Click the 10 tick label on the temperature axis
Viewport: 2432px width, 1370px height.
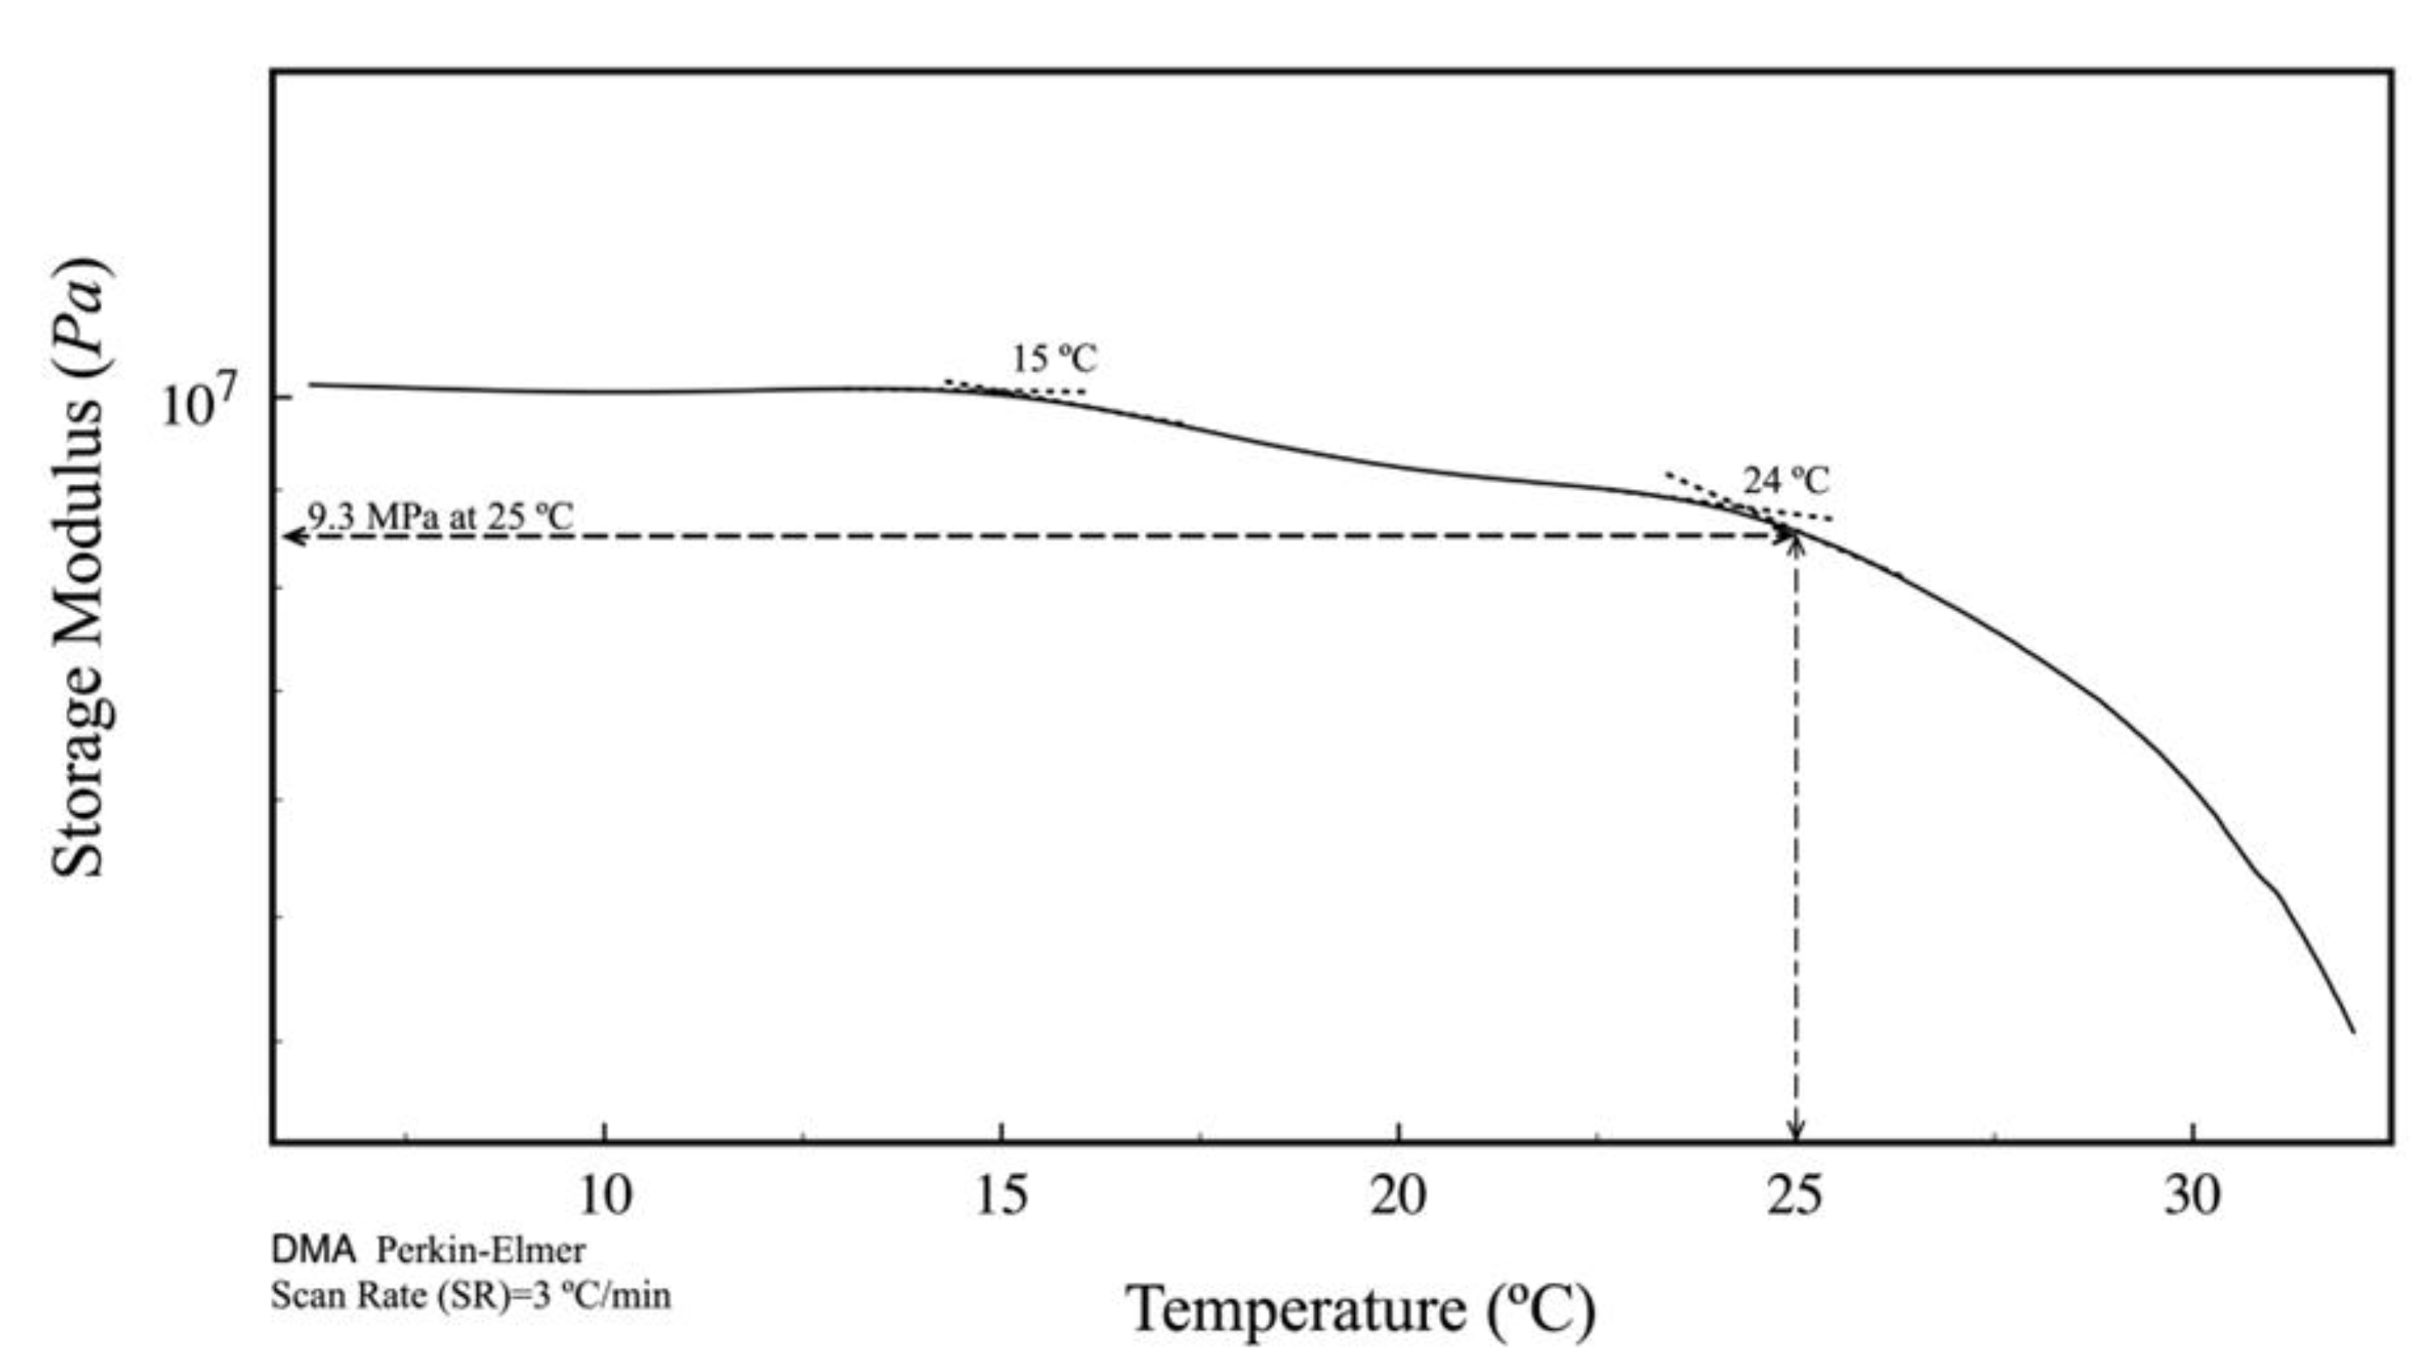tap(604, 1196)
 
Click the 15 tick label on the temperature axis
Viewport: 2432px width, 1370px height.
tap(1001, 1196)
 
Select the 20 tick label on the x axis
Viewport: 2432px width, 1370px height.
tap(1399, 1196)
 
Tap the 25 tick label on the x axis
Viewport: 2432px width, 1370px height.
tap(1795, 1196)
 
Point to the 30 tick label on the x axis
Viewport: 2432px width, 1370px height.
tap(2192, 1196)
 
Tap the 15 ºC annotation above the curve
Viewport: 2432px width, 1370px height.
tap(1055, 359)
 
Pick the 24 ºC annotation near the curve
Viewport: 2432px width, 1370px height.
tap(1785, 482)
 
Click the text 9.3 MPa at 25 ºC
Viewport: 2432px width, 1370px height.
tap(440, 517)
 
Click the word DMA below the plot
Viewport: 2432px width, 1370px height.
tap(314, 1250)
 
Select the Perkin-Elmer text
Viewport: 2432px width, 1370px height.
tap(481, 1250)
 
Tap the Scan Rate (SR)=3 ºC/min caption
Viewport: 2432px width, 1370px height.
tap(470, 1295)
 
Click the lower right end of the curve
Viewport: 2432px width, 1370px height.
tap(2352, 1031)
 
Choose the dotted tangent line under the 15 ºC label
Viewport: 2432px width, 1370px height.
tap(1015, 388)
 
